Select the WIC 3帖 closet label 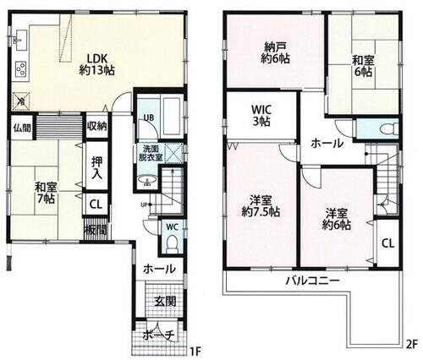[261, 116]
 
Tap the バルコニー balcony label [311, 280]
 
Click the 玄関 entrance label [164, 302]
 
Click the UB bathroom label [147, 117]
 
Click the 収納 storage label [96, 127]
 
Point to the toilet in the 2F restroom [386, 129]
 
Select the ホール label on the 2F [326, 144]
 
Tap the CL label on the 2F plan [387, 243]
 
